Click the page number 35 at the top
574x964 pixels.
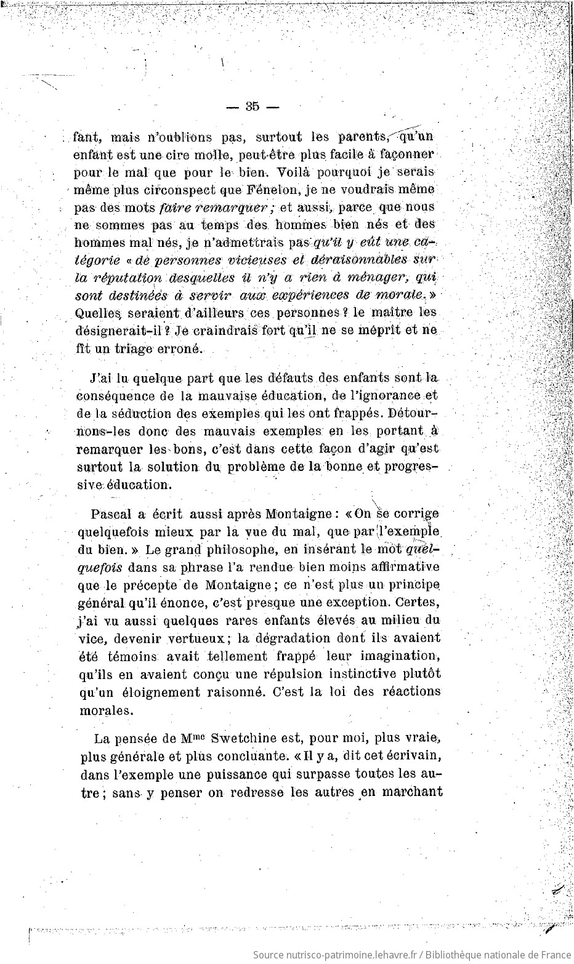(253, 106)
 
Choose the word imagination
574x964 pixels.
(396, 656)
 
